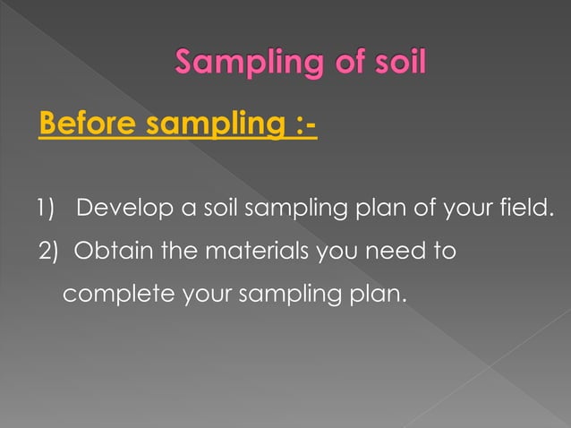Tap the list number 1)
(x=46, y=211)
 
